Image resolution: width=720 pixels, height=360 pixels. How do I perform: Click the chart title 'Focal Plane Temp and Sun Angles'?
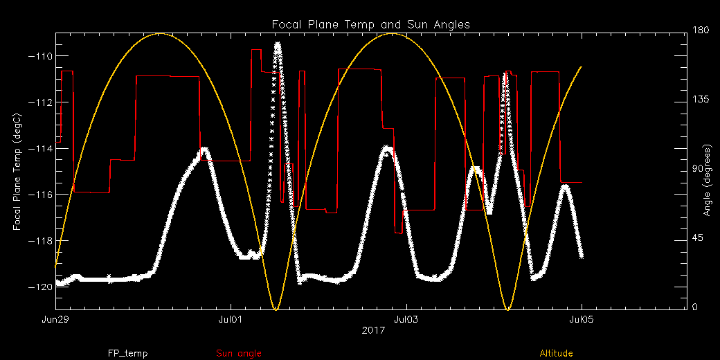coord(370,24)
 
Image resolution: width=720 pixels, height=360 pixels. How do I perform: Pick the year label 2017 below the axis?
coord(373,330)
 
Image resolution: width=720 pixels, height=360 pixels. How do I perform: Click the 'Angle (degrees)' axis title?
coord(708,180)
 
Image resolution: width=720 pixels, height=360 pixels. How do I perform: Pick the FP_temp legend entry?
coord(127,354)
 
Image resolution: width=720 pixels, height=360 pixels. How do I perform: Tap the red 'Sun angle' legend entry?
coord(239,354)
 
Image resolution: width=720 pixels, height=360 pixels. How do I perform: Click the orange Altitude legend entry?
coord(556,354)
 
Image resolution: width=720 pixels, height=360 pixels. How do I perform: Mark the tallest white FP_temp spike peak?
coord(278,45)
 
